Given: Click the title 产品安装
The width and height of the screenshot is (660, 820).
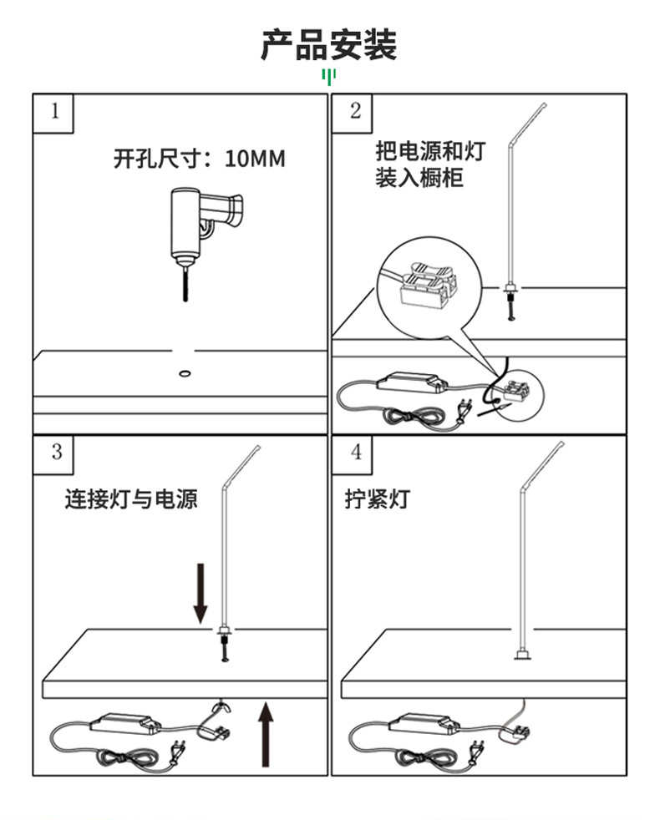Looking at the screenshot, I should [x=329, y=45].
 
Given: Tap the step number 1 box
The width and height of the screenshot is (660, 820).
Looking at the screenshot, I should [x=54, y=112].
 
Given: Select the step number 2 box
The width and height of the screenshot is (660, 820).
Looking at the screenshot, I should [x=355, y=112].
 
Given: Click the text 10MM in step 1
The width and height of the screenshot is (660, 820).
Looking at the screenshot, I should [x=255, y=158].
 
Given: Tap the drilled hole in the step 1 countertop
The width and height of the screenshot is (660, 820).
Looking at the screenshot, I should [x=185, y=370].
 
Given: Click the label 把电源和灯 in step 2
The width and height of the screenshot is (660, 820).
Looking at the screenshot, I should [x=429, y=152].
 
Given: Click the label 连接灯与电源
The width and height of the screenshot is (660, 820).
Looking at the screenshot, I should [x=131, y=499].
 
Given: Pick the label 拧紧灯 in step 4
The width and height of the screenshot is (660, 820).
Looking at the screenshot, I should [x=378, y=499].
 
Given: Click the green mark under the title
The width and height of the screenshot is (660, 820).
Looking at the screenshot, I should [x=329, y=78].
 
